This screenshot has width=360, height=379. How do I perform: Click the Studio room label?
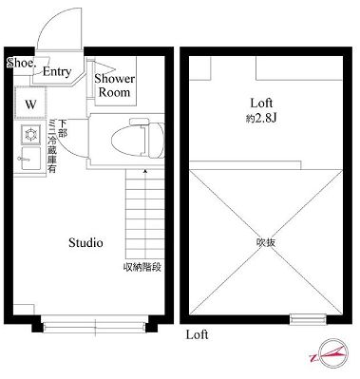tap(85, 242)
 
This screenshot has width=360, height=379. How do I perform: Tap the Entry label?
tap(56, 71)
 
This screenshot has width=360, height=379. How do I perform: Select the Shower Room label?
tap(115, 85)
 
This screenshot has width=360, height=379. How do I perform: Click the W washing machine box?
tap(30, 103)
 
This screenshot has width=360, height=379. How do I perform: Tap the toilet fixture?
tap(131, 139)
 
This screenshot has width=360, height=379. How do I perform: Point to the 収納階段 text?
tap(142, 267)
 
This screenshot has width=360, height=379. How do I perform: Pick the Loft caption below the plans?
tap(197, 335)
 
